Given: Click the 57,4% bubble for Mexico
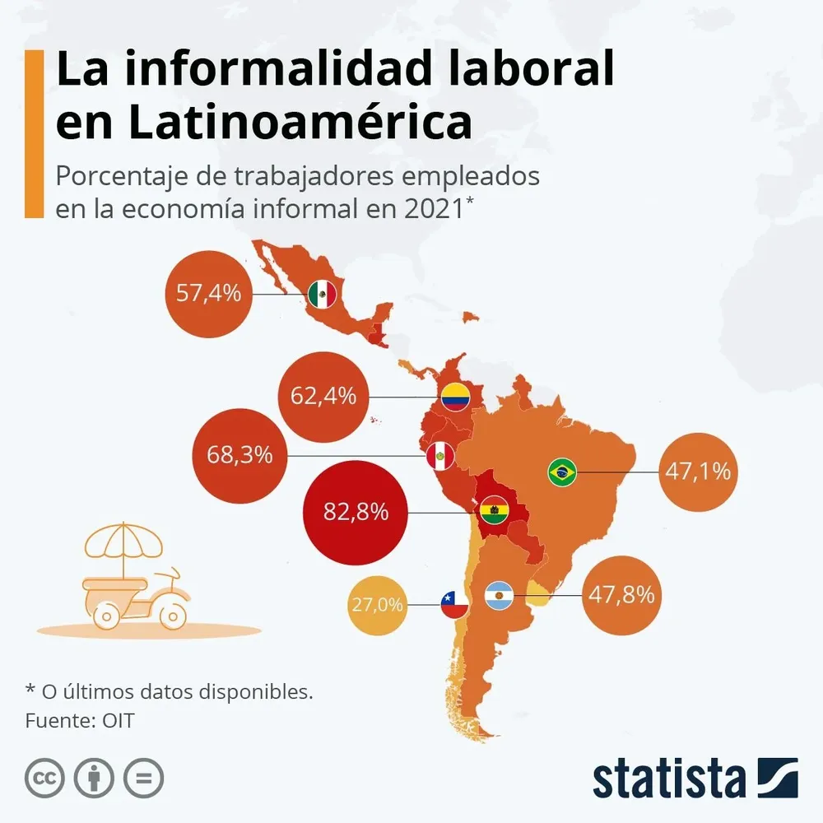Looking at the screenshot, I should click(x=208, y=293).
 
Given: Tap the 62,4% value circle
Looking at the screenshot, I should click(x=323, y=397).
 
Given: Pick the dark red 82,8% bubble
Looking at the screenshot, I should click(x=356, y=512).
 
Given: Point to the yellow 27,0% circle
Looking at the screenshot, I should click(x=378, y=606).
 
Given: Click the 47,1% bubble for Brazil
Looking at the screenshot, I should click(x=698, y=472).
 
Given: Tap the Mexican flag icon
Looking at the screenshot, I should click(x=322, y=294).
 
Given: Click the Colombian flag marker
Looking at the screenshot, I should click(x=455, y=398).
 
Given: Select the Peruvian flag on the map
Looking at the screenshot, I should click(x=440, y=455).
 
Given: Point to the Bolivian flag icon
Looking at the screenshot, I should click(x=495, y=512).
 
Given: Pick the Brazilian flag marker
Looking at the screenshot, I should click(x=562, y=472).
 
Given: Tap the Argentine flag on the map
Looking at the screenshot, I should click(x=500, y=594).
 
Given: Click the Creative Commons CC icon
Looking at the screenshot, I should click(x=44, y=777).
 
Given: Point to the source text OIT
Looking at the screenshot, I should click(x=119, y=721).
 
